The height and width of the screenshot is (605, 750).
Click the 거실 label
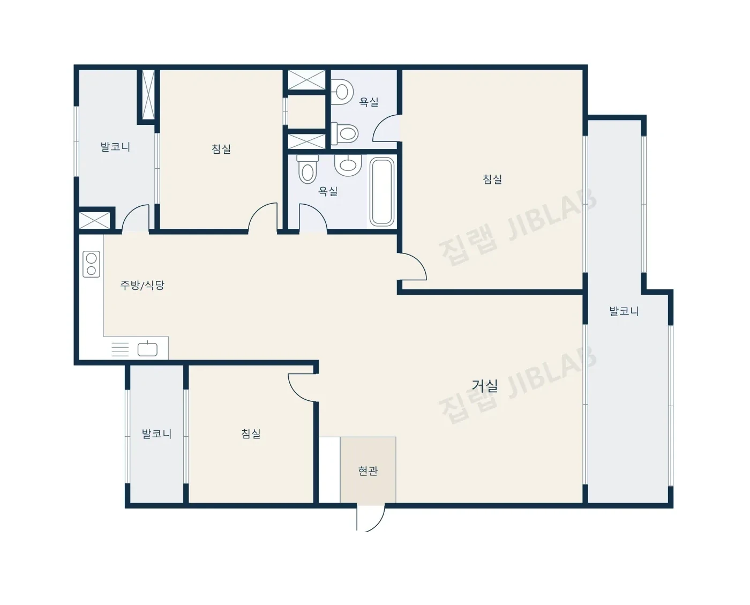(484, 386)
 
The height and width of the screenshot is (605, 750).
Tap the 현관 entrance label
(368, 471)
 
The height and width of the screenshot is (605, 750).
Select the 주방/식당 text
(142, 285)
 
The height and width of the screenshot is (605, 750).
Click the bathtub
(382, 191)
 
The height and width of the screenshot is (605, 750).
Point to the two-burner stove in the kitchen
(91, 264)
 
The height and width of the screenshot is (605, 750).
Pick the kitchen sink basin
(147, 349)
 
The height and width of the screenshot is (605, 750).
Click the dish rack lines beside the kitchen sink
(120, 349)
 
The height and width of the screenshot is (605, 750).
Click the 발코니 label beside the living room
(624, 311)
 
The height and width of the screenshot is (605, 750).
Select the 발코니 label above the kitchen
(115, 147)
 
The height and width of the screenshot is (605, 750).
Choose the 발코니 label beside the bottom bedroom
(156, 434)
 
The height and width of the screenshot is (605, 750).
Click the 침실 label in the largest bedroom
(492, 179)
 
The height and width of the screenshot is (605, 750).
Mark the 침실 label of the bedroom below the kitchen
(251, 434)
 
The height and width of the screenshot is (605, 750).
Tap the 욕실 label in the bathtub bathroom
(328, 191)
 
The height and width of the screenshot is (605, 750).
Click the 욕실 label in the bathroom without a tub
(369, 102)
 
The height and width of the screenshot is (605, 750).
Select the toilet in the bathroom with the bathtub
(307, 169)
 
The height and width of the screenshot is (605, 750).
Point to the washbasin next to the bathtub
(348, 165)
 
